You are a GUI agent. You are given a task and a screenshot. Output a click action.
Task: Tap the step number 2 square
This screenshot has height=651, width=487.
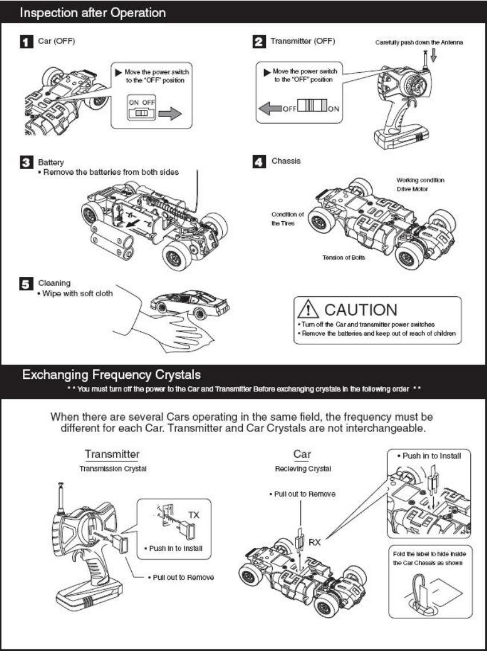coord(259,42)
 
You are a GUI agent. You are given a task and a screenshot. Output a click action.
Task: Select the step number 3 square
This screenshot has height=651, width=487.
coord(27,163)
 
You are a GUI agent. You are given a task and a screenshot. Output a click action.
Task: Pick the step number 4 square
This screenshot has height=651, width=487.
coord(259,162)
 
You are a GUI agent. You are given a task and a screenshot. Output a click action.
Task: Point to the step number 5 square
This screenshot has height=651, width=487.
coord(27,284)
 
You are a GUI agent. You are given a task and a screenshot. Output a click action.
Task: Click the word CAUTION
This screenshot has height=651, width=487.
coord(360,310)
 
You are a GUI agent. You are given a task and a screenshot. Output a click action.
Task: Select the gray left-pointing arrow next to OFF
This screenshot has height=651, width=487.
coord(268,109)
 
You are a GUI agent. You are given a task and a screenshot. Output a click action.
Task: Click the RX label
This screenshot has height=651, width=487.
coord(315,542)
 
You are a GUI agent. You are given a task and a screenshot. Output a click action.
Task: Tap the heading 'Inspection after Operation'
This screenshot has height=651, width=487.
coord(93,12)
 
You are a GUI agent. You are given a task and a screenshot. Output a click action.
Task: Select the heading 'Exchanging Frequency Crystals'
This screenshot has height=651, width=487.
coord(111,375)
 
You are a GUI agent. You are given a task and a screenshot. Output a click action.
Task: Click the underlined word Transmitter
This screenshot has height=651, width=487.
coord(112,454)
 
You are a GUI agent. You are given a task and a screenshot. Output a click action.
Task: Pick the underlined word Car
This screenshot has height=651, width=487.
coord(302,454)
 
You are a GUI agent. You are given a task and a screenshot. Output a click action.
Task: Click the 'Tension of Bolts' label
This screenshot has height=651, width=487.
coord(343,257)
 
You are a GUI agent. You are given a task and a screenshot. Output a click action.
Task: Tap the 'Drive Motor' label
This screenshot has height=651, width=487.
coord(413,189)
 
